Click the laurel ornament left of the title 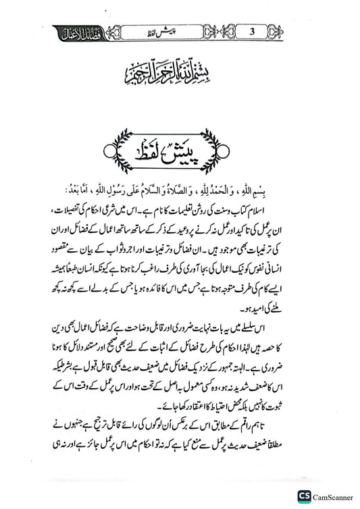pos(119,143)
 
